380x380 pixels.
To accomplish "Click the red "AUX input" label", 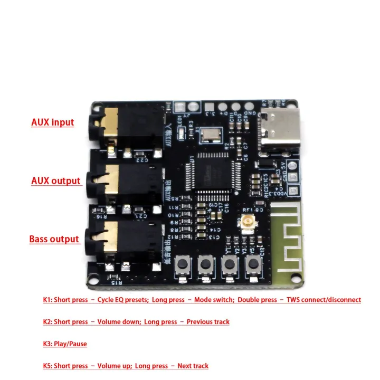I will pos(52,122).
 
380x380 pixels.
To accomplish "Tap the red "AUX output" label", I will pos(55,181).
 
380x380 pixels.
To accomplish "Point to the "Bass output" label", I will pos(54,239).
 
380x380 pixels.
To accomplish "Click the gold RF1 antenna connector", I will pos(246,226).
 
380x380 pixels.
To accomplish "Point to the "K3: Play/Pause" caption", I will pos(65,344).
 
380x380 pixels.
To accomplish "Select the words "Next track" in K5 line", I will pos(192,366).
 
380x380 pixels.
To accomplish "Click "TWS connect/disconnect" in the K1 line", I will pos(324,300).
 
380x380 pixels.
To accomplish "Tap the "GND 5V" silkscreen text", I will pos(292,173).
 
